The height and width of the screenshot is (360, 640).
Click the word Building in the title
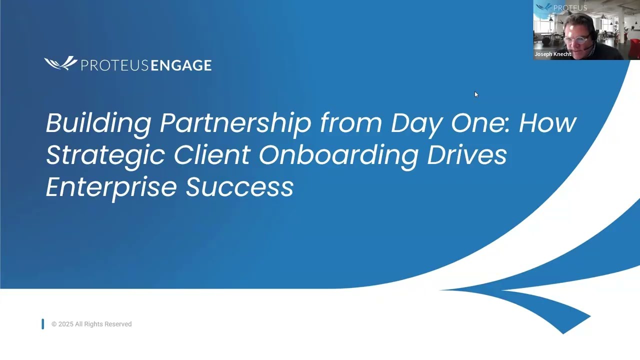click(98, 123)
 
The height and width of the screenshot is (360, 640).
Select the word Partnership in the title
click(235, 123)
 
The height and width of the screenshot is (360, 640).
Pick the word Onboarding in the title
click(338, 155)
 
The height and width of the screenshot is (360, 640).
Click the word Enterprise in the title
click(111, 187)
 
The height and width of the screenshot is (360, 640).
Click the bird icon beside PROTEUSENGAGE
click(60, 63)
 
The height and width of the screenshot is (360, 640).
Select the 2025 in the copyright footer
click(65, 324)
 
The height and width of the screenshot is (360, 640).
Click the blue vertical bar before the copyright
click(43, 324)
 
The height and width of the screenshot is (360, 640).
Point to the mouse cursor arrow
click(476, 94)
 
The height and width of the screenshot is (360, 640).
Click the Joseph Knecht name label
click(552, 54)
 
